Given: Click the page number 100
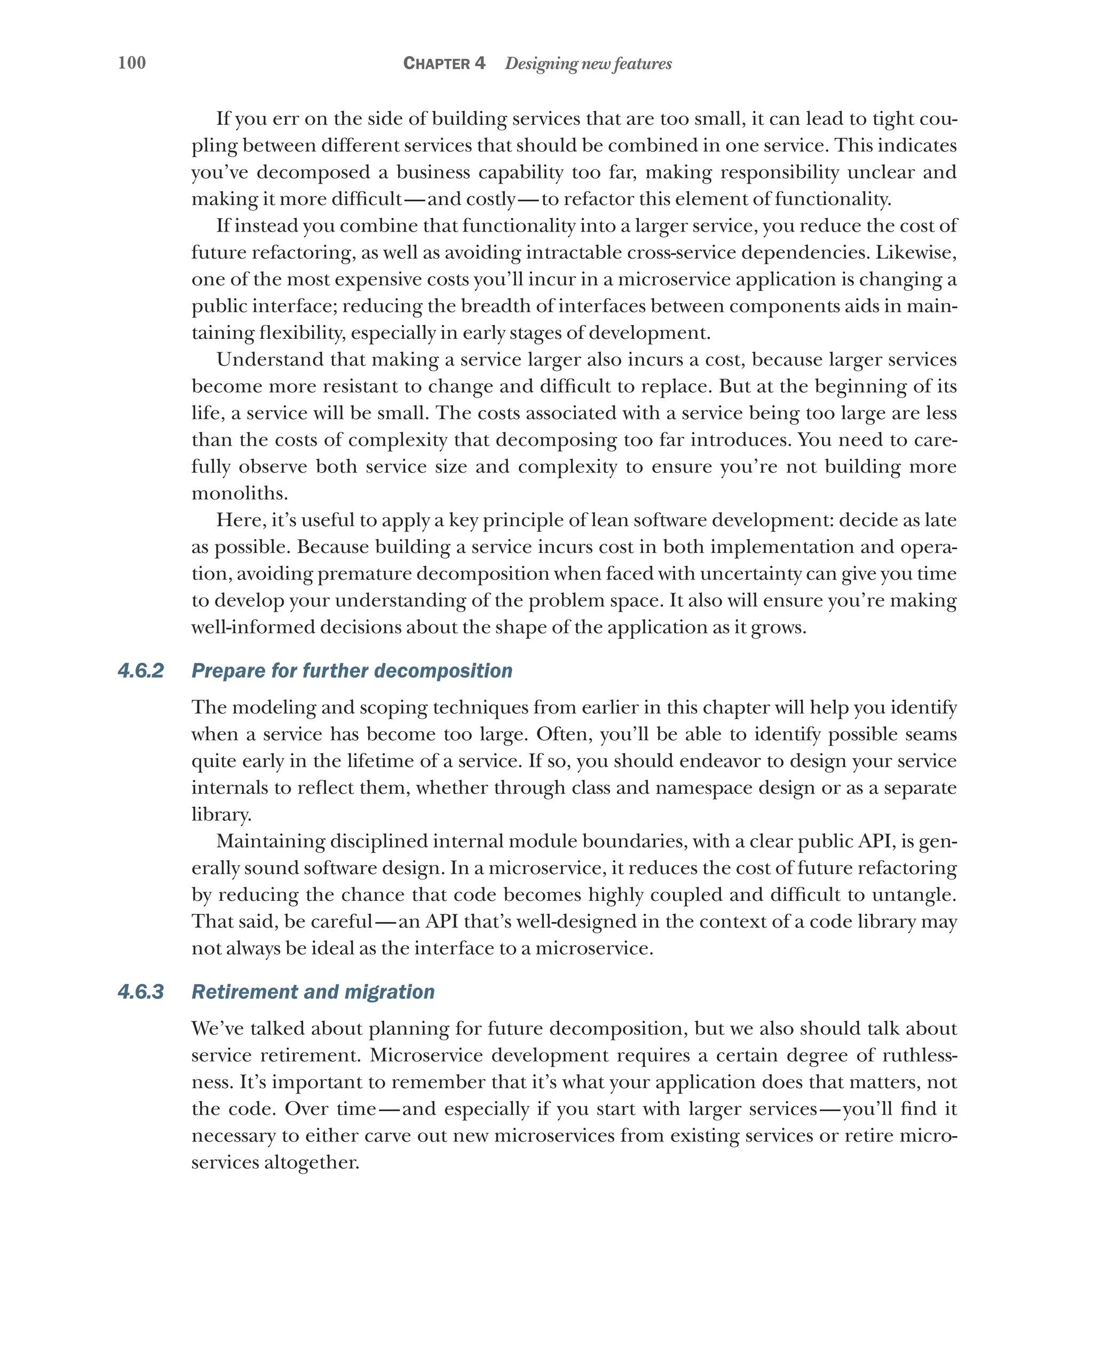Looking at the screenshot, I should tap(132, 62).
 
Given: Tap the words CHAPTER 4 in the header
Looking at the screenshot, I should tap(444, 63).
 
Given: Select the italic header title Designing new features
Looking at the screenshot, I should tap(588, 64).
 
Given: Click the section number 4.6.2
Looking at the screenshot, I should tap(140, 671).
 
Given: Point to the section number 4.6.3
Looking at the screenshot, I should tap(140, 992).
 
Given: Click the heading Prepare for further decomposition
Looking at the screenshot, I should tap(352, 671).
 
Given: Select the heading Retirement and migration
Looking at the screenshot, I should tap(313, 992).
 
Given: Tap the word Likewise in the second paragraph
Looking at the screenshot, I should tap(915, 252).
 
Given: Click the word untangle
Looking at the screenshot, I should tap(913, 895).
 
